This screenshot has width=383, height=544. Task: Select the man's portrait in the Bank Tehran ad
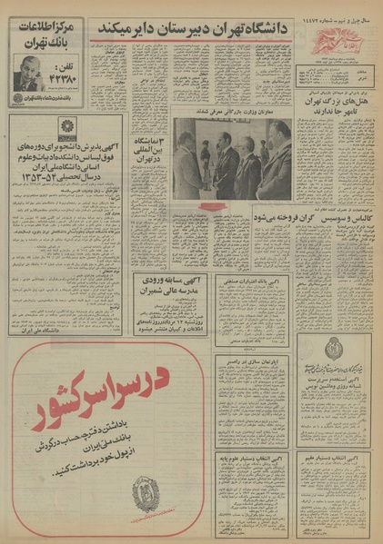31,72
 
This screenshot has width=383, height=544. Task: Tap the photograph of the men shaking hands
231,162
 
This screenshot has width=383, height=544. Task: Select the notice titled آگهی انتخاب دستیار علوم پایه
253,463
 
